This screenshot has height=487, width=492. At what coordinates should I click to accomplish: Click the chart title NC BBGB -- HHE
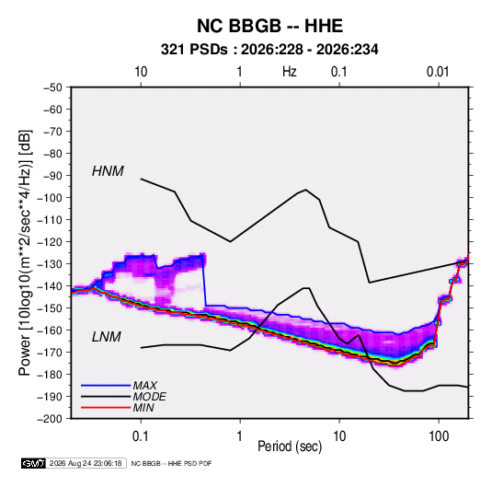tap(269, 26)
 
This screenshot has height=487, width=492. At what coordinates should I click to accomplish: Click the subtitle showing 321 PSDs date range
tap(269, 50)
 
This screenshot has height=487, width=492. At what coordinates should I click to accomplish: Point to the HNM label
tap(108, 171)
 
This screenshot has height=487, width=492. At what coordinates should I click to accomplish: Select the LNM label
tap(107, 337)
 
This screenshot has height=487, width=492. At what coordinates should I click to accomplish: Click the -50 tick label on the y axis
tap(52, 87)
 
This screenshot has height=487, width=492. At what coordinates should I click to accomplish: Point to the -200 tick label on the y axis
tap(50, 419)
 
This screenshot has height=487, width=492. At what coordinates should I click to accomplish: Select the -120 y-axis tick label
tap(50, 242)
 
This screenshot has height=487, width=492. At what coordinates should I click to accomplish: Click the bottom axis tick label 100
tap(439, 436)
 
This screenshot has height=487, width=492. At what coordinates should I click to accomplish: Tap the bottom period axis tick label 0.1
tap(141, 436)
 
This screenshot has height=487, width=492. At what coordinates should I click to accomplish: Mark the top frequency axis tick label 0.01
tap(438, 72)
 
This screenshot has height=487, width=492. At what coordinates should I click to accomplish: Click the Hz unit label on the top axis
tap(290, 72)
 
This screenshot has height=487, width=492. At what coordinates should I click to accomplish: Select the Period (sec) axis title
tap(290, 446)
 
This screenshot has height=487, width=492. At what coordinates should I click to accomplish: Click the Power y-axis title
tap(25, 253)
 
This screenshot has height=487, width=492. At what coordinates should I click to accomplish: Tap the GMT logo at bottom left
tap(34, 463)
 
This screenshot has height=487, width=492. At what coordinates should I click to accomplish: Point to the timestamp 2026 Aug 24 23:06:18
tap(86, 463)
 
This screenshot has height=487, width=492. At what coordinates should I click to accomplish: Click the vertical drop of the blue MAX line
tap(204, 280)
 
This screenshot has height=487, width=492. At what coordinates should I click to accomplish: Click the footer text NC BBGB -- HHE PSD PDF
tap(171, 463)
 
